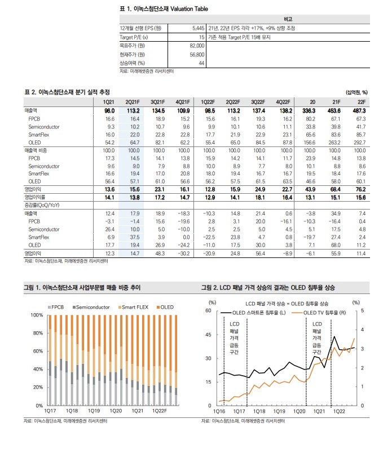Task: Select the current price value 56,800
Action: (x=196, y=54)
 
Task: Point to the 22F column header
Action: (x=361, y=101)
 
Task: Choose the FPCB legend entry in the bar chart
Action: (x=58, y=306)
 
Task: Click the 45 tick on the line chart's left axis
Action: (x=208, y=335)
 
